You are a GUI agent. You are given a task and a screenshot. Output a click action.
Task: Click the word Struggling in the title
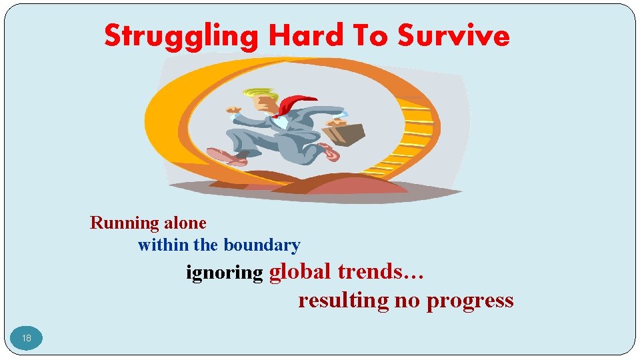click(180, 36)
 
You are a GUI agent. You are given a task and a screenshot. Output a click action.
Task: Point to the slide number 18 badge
click(27, 338)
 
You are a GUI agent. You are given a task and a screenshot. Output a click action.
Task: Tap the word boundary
click(262, 245)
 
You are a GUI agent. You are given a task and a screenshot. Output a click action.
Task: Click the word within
click(163, 245)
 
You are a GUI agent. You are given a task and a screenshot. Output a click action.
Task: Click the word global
click(300, 272)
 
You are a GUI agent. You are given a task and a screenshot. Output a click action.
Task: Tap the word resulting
click(343, 301)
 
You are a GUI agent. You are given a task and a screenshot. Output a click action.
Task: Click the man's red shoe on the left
click(223, 157)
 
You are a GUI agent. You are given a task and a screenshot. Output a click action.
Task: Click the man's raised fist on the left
click(233, 108)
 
